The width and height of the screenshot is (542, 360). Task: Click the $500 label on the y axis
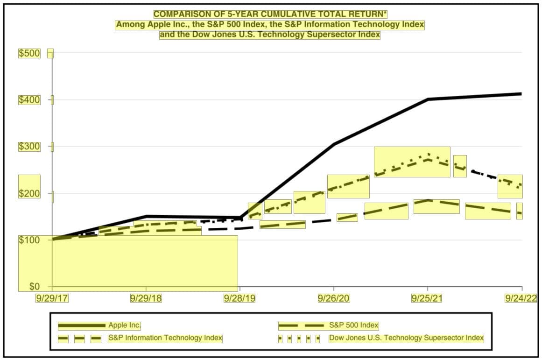pos(29,53)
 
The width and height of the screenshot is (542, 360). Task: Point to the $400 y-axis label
pos(29,100)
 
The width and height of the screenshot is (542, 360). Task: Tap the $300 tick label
pos(29,147)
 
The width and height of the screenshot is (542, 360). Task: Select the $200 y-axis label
pos(29,193)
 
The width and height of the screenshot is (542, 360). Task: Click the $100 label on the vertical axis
pos(29,240)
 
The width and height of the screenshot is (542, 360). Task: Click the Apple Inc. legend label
pos(125,325)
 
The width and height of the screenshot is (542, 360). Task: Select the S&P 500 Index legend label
pos(353,325)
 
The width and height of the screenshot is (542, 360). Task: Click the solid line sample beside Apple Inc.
pos(82,325)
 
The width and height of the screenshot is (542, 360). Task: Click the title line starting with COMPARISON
pos(271,14)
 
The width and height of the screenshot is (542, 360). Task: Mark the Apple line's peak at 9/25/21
pos(428,99)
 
